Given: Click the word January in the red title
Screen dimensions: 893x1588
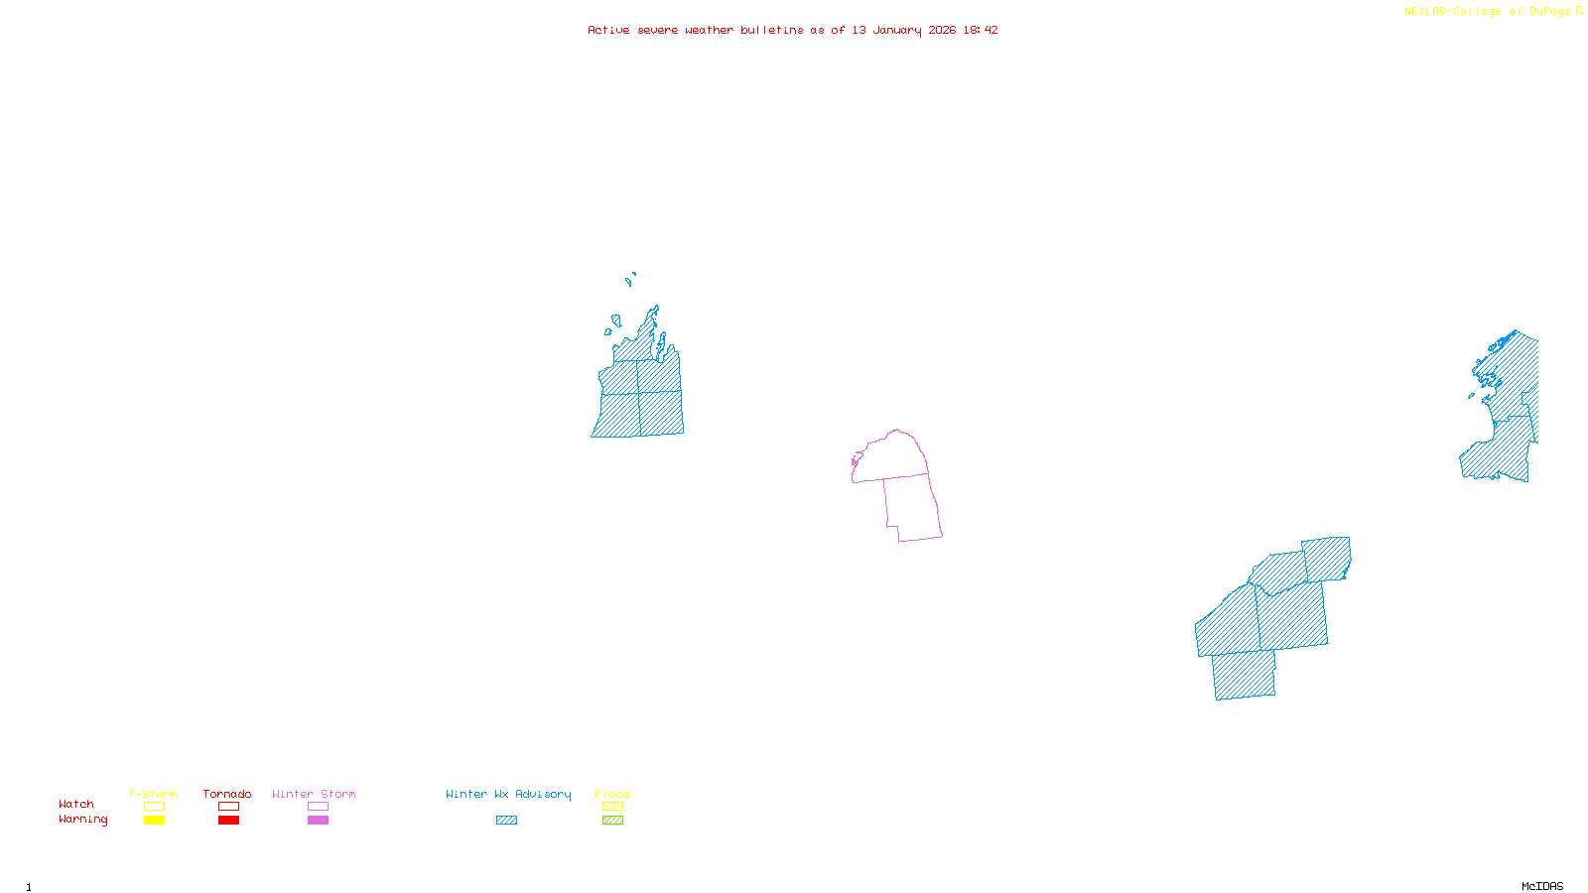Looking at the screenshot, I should pos(897,30).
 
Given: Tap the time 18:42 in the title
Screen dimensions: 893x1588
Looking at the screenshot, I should pos(980,30).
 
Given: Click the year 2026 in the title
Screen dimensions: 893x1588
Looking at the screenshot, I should pos(942,30).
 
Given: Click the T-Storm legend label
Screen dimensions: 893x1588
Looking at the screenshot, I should pos(153,794).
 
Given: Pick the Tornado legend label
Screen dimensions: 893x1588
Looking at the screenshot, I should pos(227,794).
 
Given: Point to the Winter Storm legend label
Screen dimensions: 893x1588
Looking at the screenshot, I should pos(314,794).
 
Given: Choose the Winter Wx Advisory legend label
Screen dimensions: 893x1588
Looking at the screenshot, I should pos(508,794).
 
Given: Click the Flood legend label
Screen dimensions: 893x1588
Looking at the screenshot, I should pos(612,794).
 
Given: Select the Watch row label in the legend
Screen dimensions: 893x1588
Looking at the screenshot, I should pos(76,804).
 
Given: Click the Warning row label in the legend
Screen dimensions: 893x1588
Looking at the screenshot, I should pos(83,820).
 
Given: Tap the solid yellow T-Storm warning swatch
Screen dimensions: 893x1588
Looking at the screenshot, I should pos(154,821).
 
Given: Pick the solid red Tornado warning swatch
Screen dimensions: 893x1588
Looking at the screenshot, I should pos(228,821).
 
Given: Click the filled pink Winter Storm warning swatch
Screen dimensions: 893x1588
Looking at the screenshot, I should pos(318,821).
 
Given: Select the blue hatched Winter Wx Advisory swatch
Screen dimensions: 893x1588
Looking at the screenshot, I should pos(506,821).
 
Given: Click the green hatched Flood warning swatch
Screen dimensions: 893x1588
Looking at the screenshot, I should pos(612,821).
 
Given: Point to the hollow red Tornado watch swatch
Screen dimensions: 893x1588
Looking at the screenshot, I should pos(228,807).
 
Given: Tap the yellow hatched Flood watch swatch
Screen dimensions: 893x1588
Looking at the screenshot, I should pos(612,807).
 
